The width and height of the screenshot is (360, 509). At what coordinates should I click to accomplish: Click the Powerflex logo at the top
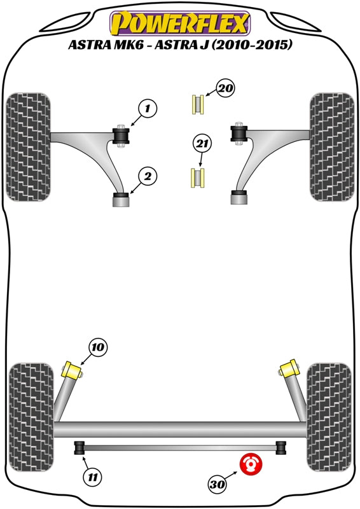click(x=180, y=24)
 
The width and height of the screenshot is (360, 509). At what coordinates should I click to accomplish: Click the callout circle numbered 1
click(x=147, y=109)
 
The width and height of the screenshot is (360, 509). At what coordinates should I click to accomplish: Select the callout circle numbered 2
click(x=147, y=177)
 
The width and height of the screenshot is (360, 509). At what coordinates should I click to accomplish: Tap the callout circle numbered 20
click(x=225, y=89)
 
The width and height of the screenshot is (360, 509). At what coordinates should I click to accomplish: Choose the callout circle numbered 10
click(x=97, y=347)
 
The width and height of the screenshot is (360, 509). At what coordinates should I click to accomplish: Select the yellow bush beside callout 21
click(x=198, y=178)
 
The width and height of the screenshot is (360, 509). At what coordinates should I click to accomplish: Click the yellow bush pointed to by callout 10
click(x=73, y=370)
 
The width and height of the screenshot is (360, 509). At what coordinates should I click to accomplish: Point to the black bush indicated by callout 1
click(x=121, y=135)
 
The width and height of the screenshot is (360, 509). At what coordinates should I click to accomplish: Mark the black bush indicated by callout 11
click(x=80, y=448)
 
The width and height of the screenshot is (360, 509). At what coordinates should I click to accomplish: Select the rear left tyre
click(x=31, y=408)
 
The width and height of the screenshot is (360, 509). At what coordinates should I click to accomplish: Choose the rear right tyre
click(x=328, y=408)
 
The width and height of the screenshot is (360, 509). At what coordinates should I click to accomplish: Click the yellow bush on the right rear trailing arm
click(x=289, y=369)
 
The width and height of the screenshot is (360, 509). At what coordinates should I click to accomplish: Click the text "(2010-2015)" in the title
click(x=252, y=46)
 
